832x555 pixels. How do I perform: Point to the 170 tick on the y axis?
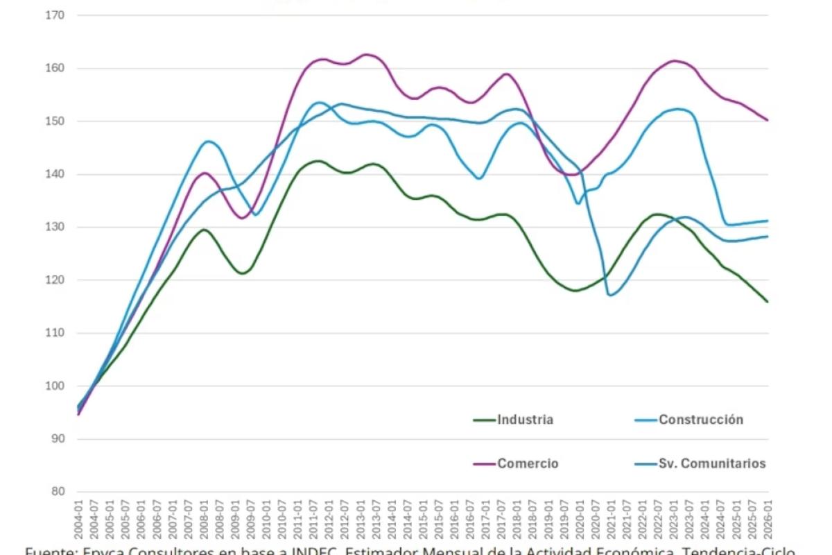[x=55, y=15]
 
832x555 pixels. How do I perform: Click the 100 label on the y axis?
[x=55, y=386]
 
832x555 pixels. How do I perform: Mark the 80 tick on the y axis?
[x=57, y=492]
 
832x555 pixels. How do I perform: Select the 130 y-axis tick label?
[x=55, y=227]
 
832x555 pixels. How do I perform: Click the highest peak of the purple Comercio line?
[x=367, y=54]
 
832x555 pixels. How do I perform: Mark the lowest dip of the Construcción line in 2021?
[x=610, y=295]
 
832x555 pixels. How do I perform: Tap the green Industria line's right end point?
[x=768, y=302]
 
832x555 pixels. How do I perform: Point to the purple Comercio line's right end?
[x=768, y=120]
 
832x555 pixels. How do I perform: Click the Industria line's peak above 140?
[x=317, y=161]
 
